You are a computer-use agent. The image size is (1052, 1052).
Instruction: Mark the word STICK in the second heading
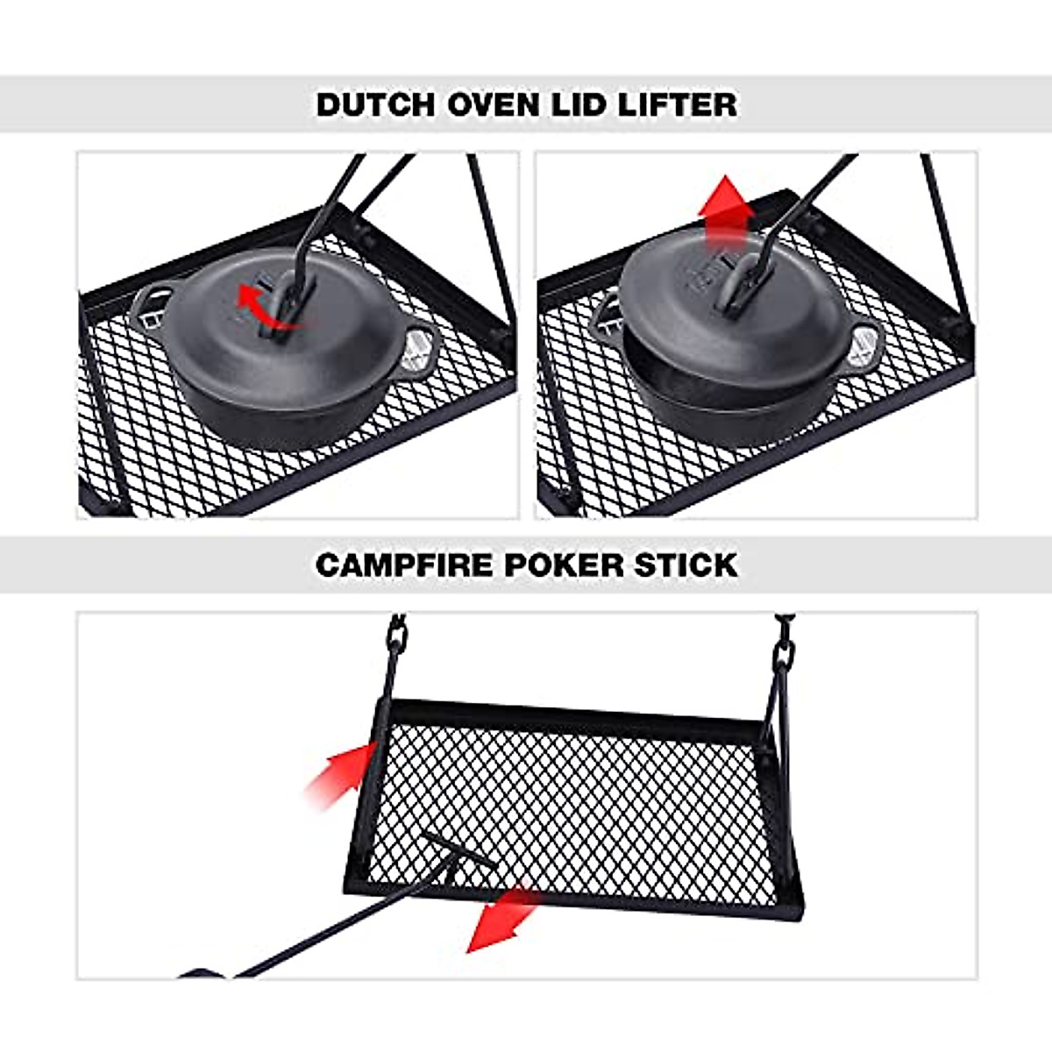pyautogui.click(x=687, y=565)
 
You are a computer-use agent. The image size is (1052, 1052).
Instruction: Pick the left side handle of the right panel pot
pyautogui.click(x=607, y=310)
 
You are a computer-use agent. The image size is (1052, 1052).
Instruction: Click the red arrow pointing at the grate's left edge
pyautogui.click(x=342, y=771)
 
